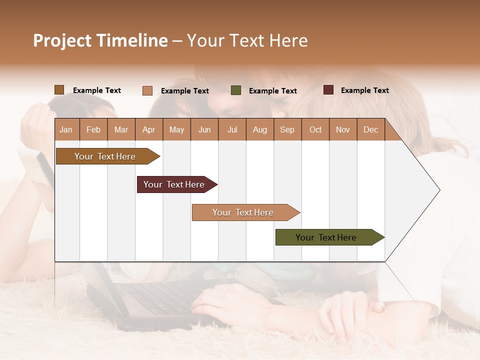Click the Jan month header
click(66, 130)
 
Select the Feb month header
click(93, 130)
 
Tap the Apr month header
click(148, 130)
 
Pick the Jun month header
click(204, 130)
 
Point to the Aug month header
click(259, 130)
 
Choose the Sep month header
click(287, 130)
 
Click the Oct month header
click(315, 130)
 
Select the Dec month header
click(370, 130)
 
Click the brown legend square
click(59, 90)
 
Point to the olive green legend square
click(236, 90)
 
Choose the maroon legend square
click(328, 90)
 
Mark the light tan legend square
click(147, 90)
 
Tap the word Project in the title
click(62, 40)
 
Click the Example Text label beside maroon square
click(364, 90)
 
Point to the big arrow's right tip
click(439, 190)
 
